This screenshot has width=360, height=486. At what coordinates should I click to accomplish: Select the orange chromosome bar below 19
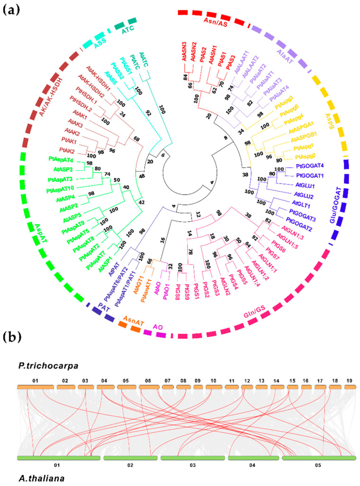[350, 387]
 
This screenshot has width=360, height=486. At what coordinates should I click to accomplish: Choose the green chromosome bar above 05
[319, 458]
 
